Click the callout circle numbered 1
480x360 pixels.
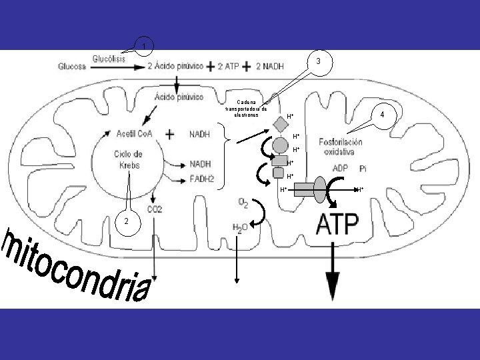[x=145, y=46]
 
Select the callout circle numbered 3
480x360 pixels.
[x=318, y=61]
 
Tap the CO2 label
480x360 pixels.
[x=155, y=209]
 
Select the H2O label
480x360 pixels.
[x=241, y=228]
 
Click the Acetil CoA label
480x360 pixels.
[x=135, y=134]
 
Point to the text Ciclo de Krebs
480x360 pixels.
[x=126, y=159]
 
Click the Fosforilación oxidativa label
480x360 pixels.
[x=341, y=147]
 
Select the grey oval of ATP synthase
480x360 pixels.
[x=321, y=187]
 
